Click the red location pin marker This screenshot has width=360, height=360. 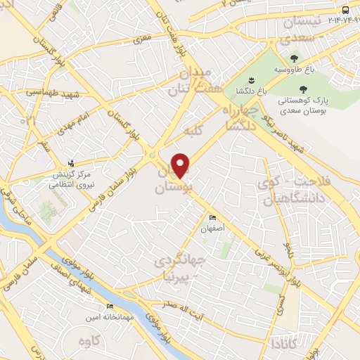click(x=181, y=165)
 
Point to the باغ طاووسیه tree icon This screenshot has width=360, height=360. click(x=293, y=58)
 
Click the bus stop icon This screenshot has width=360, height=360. click(x=345, y=10)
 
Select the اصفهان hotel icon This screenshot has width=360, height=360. click(x=213, y=217)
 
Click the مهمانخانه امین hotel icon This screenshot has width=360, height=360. click(x=109, y=307)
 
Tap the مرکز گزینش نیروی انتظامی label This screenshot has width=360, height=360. click(x=70, y=179)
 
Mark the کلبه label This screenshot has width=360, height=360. click(x=193, y=131)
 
